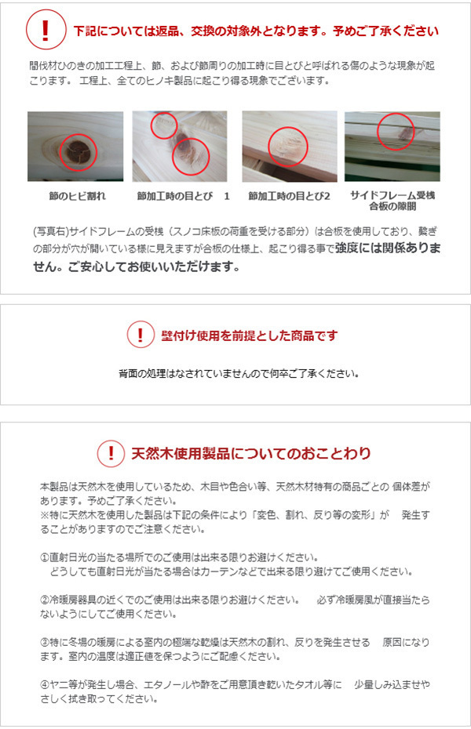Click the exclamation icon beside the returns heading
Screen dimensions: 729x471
[x=46, y=31]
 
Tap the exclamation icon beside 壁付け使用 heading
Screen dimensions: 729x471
[x=141, y=335]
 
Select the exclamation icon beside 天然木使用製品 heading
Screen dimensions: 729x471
[x=111, y=453]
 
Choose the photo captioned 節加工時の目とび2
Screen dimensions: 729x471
[x=289, y=147]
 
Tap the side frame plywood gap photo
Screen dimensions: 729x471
[x=392, y=147]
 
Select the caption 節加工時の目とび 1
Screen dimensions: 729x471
[x=183, y=195]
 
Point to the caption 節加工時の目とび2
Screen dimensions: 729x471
[x=289, y=195]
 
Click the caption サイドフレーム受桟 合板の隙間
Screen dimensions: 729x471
[x=392, y=201]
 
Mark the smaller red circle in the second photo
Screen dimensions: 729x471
[x=163, y=125]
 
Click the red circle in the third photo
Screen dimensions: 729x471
[x=288, y=146]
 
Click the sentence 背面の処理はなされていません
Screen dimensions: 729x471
[x=235, y=373]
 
